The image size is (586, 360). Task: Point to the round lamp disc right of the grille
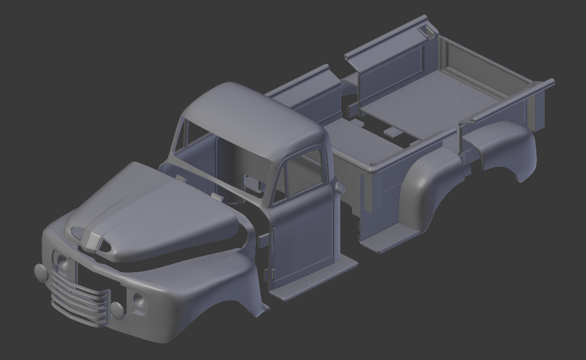pos(117,310)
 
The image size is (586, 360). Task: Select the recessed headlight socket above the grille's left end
pos(62,261)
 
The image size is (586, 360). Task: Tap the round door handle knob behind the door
pos(340,188)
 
